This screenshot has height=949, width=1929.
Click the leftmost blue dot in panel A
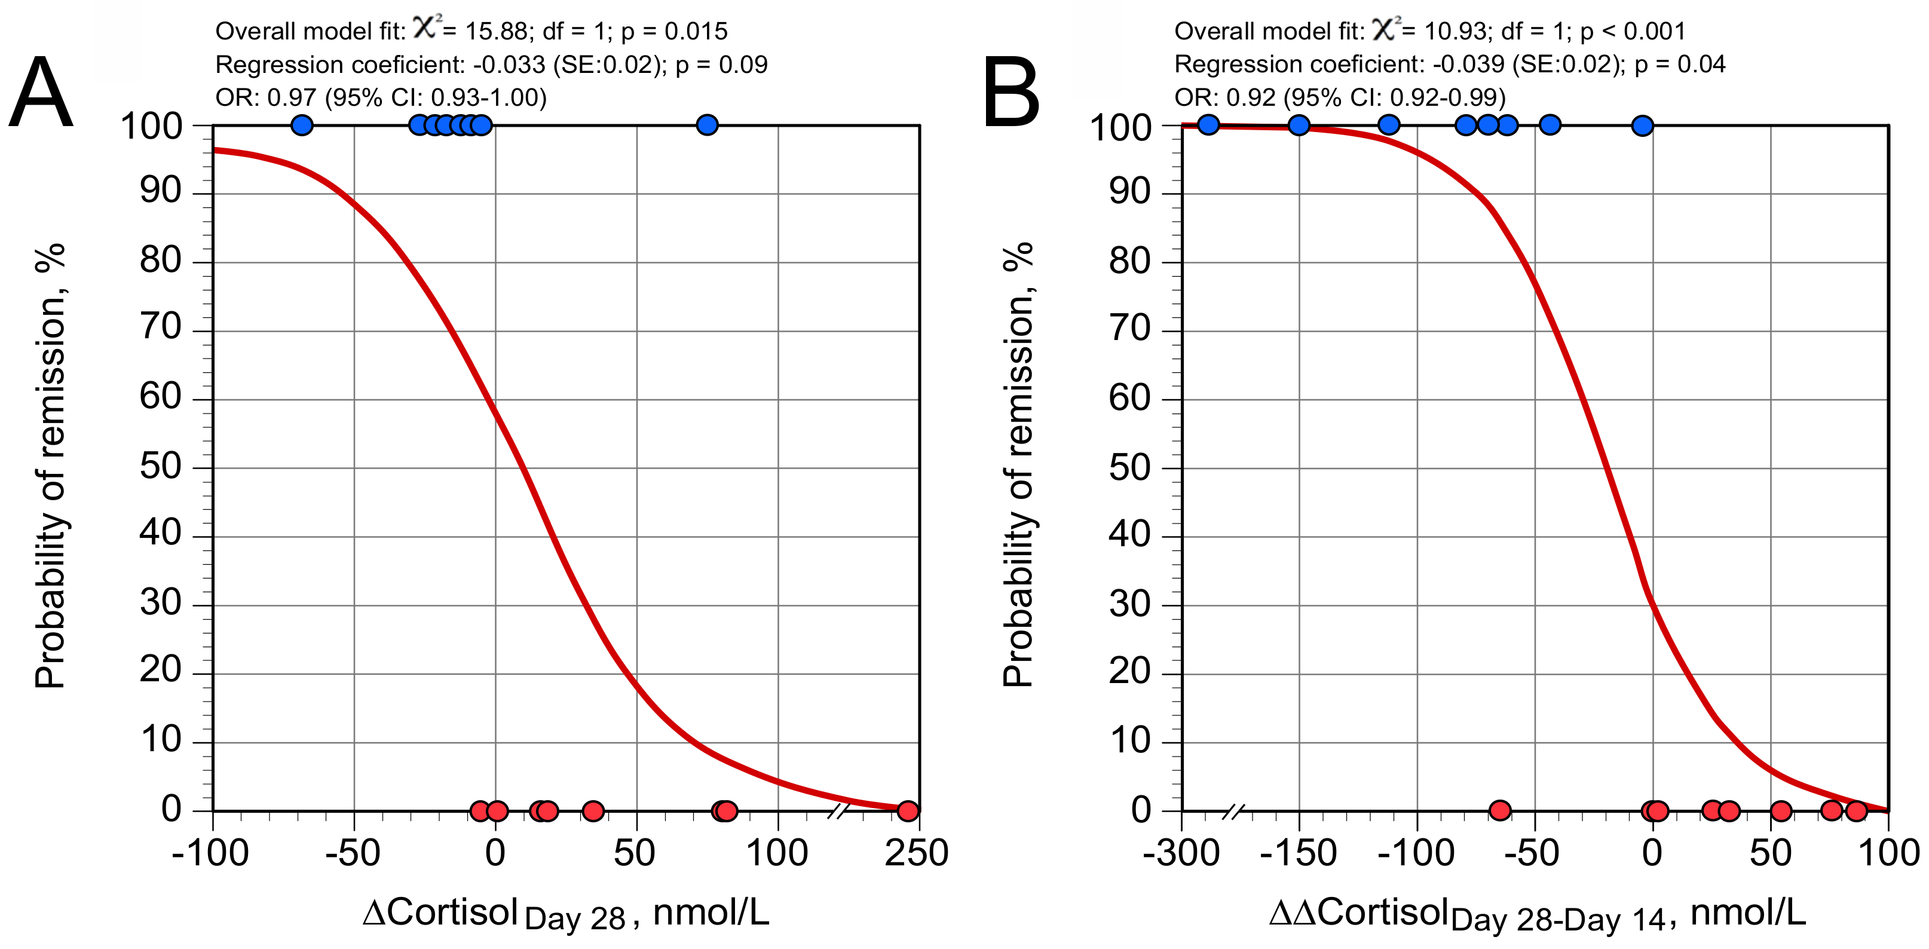pyautogui.click(x=301, y=125)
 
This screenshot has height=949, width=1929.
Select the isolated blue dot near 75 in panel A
pyautogui.click(x=707, y=125)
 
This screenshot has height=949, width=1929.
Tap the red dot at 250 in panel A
pyautogui.click(x=908, y=810)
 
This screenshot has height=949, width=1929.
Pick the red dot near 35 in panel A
pyautogui.click(x=592, y=810)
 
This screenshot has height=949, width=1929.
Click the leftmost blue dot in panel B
pyautogui.click(x=1208, y=125)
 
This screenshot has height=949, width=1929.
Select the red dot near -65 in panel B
pyautogui.click(x=1499, y=810)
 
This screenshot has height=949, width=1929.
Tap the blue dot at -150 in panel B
pyautogui.click(x=1299, y=125)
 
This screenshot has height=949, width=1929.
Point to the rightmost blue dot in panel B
pyautogui.click(x=1642, y=125)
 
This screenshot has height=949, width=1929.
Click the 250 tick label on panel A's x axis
pyautogui.click(x=916, y=853)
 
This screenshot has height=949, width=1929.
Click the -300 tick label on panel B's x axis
pyautogui.click(x=1180, y=853)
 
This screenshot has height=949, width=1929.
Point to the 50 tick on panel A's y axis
pyautogui.click(x=160, y=467)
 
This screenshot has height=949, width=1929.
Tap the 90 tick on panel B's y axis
pyautogui.click(x=1129, y=192)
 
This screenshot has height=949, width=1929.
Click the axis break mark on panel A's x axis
pyautogui.click(x=840, y=810)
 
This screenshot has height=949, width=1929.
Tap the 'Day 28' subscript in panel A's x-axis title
pyautogui.click(x=575, y=919)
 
